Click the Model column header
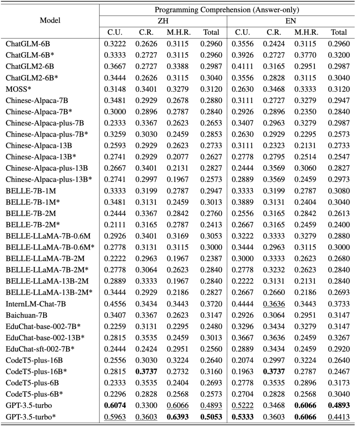click(50, 20)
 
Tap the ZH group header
click(163, 21)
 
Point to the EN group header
click(291, 21)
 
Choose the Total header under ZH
click(211, 32)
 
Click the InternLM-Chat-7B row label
click(36, 304)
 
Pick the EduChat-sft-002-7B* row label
click(40, 349)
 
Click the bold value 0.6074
click(115, 405)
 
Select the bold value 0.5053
click(211, 417)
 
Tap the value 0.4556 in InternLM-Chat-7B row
click(115, 304)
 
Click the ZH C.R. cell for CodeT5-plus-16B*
click(146, 371)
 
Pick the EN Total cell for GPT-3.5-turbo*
click(339, 417)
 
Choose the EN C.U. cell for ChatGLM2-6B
click(242, 66)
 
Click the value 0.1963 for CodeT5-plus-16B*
click(242, 371)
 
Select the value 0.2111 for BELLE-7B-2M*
click(115, 225)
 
